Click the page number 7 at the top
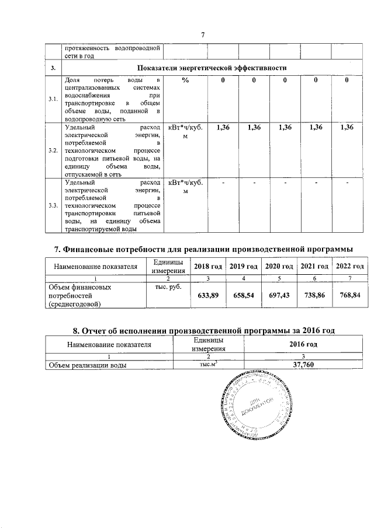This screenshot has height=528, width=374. [202, 34]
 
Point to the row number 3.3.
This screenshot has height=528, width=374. [53, 206]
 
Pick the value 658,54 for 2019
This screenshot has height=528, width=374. [244, 296]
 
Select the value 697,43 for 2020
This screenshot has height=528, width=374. [279, 296]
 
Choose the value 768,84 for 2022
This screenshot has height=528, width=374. [349, 296]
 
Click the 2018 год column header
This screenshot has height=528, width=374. [208, 267]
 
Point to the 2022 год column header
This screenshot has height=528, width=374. [349, 267]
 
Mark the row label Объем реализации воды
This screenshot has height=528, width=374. [88, 365]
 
